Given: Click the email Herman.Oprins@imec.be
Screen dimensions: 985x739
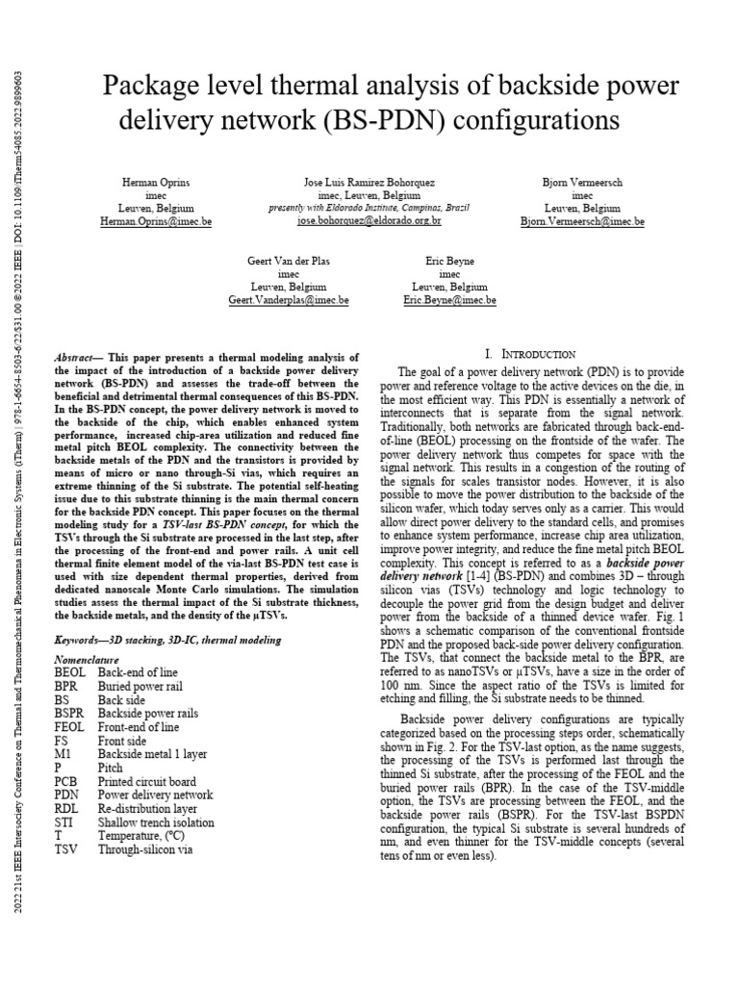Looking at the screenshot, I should tap(157, 221).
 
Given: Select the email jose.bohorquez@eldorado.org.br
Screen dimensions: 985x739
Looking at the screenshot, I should tap(369, 221).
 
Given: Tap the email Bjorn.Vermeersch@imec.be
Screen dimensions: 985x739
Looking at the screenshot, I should tap(582, 221).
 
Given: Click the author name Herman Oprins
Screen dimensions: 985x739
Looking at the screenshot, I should tap(157, 181).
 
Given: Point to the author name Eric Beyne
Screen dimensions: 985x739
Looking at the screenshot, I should tap(449, 261).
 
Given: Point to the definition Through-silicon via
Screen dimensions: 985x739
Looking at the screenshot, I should tap(147, 849).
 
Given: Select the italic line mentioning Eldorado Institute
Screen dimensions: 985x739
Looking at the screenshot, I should tap(369, 208).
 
